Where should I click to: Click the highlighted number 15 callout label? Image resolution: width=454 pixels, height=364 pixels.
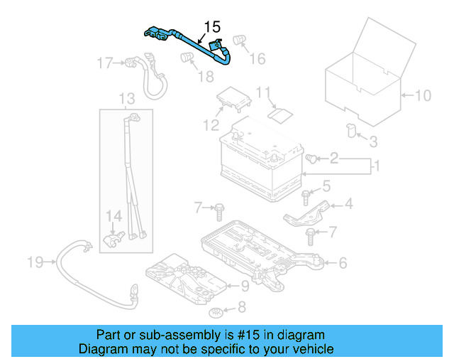[211, 27]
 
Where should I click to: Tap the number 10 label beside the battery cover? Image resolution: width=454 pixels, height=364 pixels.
[422, 95]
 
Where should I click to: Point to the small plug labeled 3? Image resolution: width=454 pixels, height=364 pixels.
[350, 129]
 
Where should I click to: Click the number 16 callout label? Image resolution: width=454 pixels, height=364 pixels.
[258, 58]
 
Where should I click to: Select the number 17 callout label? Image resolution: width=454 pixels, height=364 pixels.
[104, 64]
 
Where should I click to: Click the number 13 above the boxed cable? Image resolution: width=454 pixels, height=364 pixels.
[126, 98]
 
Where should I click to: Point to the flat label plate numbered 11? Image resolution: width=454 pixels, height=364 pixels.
[281, 113]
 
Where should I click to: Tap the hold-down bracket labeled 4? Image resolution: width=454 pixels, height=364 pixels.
[306, 211]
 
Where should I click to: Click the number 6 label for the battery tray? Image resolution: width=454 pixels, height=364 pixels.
[342, 263]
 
